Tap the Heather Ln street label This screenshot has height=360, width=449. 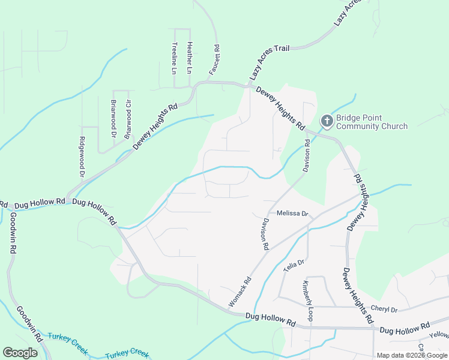point(189,54)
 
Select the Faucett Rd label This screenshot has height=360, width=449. point(214,60)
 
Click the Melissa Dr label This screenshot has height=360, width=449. point(292,214)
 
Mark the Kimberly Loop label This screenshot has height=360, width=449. point(307,300)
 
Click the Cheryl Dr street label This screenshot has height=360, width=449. point(384,310)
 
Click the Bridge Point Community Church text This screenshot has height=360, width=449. point(372,122)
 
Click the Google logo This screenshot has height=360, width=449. point(20,353)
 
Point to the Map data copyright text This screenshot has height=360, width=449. point(412,355)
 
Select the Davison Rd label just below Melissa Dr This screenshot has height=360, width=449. point(264,234)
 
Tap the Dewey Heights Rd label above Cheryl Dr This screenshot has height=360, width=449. point(355,297)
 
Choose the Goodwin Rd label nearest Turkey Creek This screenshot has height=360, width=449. point(29,324)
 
